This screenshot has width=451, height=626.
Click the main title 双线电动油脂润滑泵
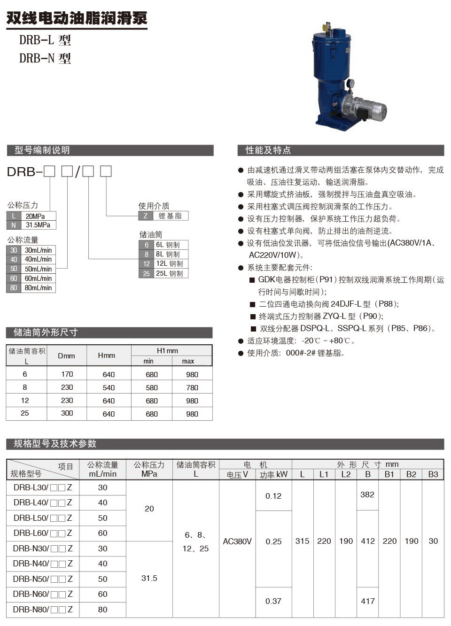(x=77, y=18)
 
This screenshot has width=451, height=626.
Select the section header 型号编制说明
(x=42, y=150)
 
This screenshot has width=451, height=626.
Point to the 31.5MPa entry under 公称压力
(x=38, y=225)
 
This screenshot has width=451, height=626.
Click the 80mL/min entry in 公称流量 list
(x=38, y=288)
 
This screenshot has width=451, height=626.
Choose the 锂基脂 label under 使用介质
(x=170, y=216)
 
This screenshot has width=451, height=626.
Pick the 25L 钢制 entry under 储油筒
(x=168, y=273)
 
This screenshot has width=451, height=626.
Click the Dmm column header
(x=66, y=356)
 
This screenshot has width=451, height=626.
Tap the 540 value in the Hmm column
(x=109, y=387)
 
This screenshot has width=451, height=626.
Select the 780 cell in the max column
(x=192, y=387)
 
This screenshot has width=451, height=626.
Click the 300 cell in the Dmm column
(x=67, y=413)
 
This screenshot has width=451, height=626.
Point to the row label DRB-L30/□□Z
(x=43, y=487)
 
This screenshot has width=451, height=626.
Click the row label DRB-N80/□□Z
(x=43, y=609)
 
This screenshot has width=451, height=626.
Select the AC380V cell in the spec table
(x=237, y=541)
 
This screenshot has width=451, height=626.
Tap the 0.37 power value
(x=273, y=601)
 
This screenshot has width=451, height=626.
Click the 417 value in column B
(x=367, y=601)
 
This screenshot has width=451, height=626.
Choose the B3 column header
(x=433, y=474)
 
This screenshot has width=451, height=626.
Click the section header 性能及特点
(x=268, y=150)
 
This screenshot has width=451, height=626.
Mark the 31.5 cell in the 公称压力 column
(x=149, y=578)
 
